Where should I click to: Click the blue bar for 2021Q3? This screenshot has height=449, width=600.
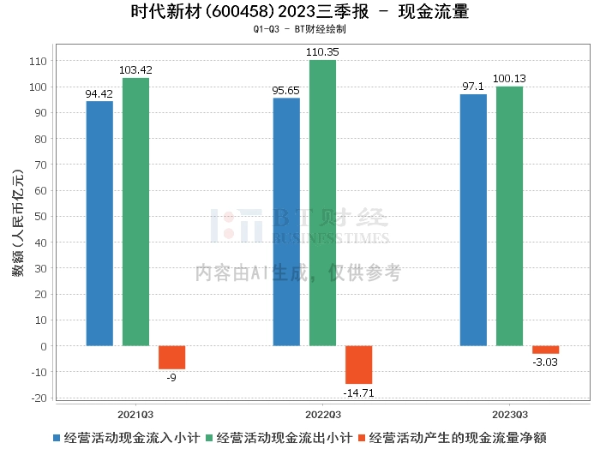(x=99, y=224)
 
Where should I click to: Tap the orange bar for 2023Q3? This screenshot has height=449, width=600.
(x=545, y=350)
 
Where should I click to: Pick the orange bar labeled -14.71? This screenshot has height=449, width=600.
(x=358, y=365)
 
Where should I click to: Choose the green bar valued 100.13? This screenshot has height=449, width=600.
(x=509, y=216)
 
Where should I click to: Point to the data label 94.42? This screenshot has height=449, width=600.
(x=99, y=94)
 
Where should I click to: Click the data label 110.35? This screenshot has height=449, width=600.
(x=323, y=53)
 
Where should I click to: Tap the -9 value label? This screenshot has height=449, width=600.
(x=171, y=376)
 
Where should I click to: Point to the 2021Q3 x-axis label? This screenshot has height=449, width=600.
(x=135, y=413)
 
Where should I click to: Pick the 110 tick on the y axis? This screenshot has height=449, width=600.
(x=39, y=61)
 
